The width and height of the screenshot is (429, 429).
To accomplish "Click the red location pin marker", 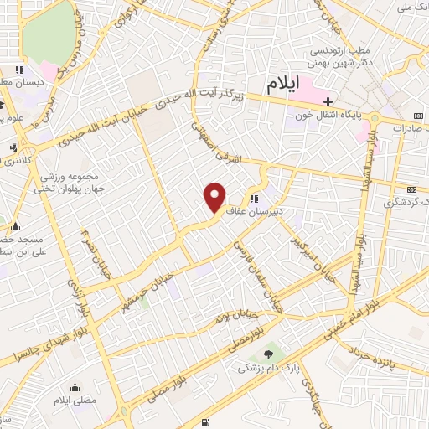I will coord(215,198).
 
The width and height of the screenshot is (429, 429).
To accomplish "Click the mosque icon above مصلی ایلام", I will coord(77,388).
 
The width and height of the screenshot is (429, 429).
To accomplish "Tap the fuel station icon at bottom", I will coord(207,421).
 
